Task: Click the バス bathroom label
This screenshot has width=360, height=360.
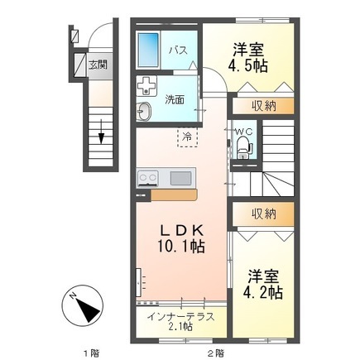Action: (x=179, y=50)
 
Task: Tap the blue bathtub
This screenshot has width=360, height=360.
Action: (x=148, y=50)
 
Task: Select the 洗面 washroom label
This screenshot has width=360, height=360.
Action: (x=175, y=99)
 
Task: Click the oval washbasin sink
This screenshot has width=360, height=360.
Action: (x=144, y=111)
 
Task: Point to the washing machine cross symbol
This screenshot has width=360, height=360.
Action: (x=146, y=86)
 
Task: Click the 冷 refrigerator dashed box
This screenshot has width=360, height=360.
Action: (x=188, y=137)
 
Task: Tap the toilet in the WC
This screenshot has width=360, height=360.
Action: (x=243, y=148)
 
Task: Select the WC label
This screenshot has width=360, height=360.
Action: (x=243, y=132)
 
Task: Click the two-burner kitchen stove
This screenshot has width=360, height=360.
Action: (x=148, y=178)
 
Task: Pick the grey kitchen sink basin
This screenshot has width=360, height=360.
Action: (x=180, y=178)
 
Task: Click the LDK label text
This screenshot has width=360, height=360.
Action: (x=182, y=231)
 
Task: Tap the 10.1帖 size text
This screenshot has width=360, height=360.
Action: (x=181, y=246)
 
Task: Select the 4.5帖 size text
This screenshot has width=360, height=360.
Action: (x=247, y=65)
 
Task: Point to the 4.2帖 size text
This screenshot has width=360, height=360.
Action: (x=262, y=293)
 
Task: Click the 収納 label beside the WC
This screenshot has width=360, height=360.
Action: (x=263, y=106)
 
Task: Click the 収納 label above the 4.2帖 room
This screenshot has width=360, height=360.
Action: (x=263, y=214)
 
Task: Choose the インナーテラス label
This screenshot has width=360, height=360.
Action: (x=180, y=316)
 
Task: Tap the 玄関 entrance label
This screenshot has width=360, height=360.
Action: (x=98, y=65)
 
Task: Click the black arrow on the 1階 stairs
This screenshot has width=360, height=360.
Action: (x=101, y=132)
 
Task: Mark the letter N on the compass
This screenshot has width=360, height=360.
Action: (x=73, y=296)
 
